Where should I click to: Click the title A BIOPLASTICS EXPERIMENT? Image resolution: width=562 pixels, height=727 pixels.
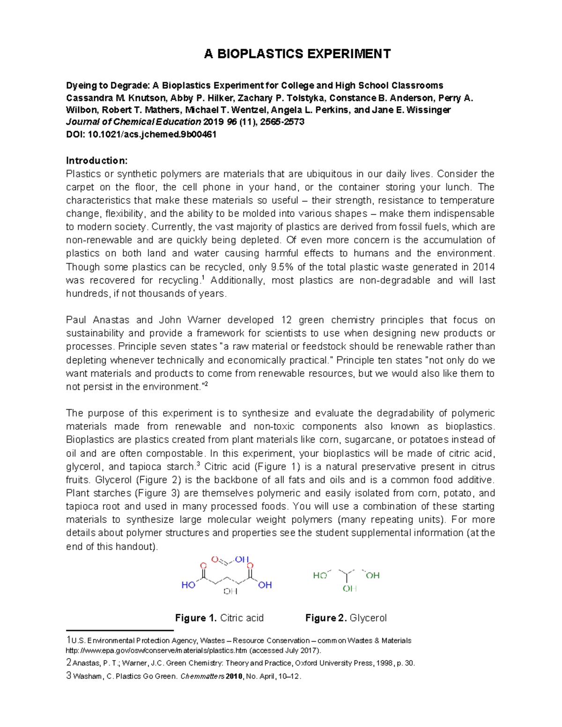click(x=297, y=54)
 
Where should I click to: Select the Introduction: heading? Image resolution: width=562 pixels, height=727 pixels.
click(x=96, y=161)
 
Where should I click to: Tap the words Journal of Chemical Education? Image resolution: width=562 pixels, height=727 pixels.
click(x=133, y=122)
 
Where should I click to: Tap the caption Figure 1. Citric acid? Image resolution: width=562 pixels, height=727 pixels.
click(x=219, y=618)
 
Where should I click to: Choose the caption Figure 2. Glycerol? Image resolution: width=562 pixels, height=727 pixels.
click(x=346, y=618)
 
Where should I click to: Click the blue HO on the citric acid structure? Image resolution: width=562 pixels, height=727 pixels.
click(x=188, y=585)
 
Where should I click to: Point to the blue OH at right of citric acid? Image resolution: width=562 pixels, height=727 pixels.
click(x=265, y=585)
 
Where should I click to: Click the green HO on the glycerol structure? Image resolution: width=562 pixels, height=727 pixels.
click(x=320, y=575)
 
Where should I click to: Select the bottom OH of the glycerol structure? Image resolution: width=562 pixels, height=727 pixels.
click(x=349, y=589)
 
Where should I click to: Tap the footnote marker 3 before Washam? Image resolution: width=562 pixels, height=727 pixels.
click(x=69, y=676)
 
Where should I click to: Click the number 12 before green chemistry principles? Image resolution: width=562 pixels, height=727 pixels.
click(x=286, y=320)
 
